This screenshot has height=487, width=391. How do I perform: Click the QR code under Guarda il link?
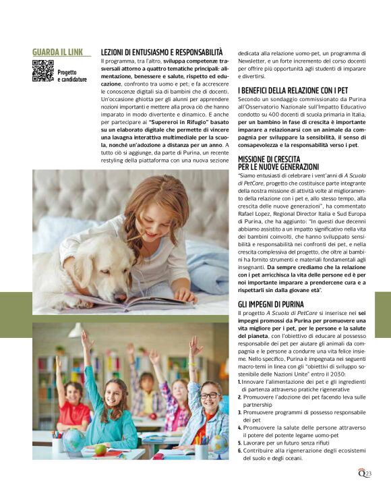point(42,71)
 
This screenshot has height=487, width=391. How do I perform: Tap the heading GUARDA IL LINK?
point(58,52)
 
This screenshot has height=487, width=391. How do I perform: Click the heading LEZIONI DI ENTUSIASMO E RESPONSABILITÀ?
point(161,52)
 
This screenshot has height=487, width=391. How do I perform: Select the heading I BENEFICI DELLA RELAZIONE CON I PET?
point(293,90)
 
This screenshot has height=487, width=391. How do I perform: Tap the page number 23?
point(368,474)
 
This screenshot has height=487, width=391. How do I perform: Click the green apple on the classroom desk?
point(100,449)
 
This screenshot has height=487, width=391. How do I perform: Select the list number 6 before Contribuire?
point(239,450)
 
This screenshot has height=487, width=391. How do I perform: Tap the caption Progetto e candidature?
point(71,76)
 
